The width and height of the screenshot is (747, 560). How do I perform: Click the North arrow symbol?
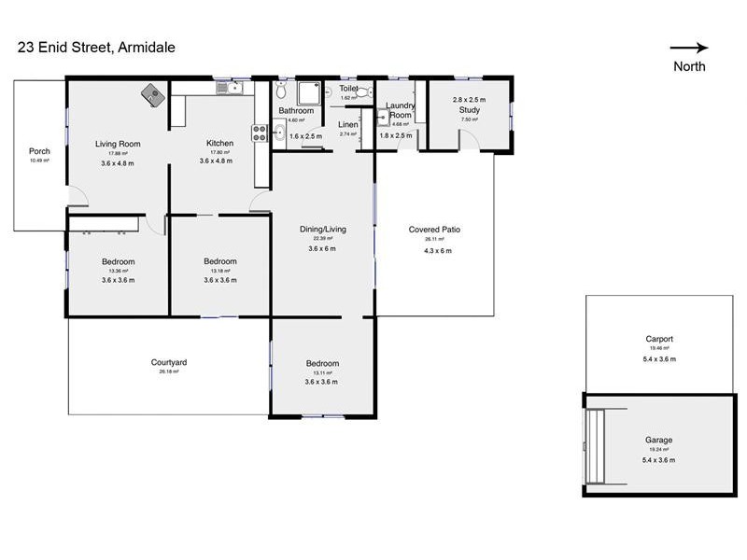(689, 49)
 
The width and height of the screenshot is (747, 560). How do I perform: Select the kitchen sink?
(229, 88)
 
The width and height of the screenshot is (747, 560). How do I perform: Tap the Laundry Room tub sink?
(384, 118)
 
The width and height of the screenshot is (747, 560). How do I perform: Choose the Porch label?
(39, 151)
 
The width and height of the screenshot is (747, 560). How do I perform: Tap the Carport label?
(658, 339)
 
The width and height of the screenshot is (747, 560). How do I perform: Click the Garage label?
(658, 440)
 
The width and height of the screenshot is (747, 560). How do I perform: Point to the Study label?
(469, 109)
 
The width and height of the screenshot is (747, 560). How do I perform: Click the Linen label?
(347, 124)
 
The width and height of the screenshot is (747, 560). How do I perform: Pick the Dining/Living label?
(323, 229)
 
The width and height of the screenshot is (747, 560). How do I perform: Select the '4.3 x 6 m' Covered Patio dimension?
(437, 250)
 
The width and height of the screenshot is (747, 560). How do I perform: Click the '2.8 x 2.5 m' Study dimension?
(469, 99)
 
